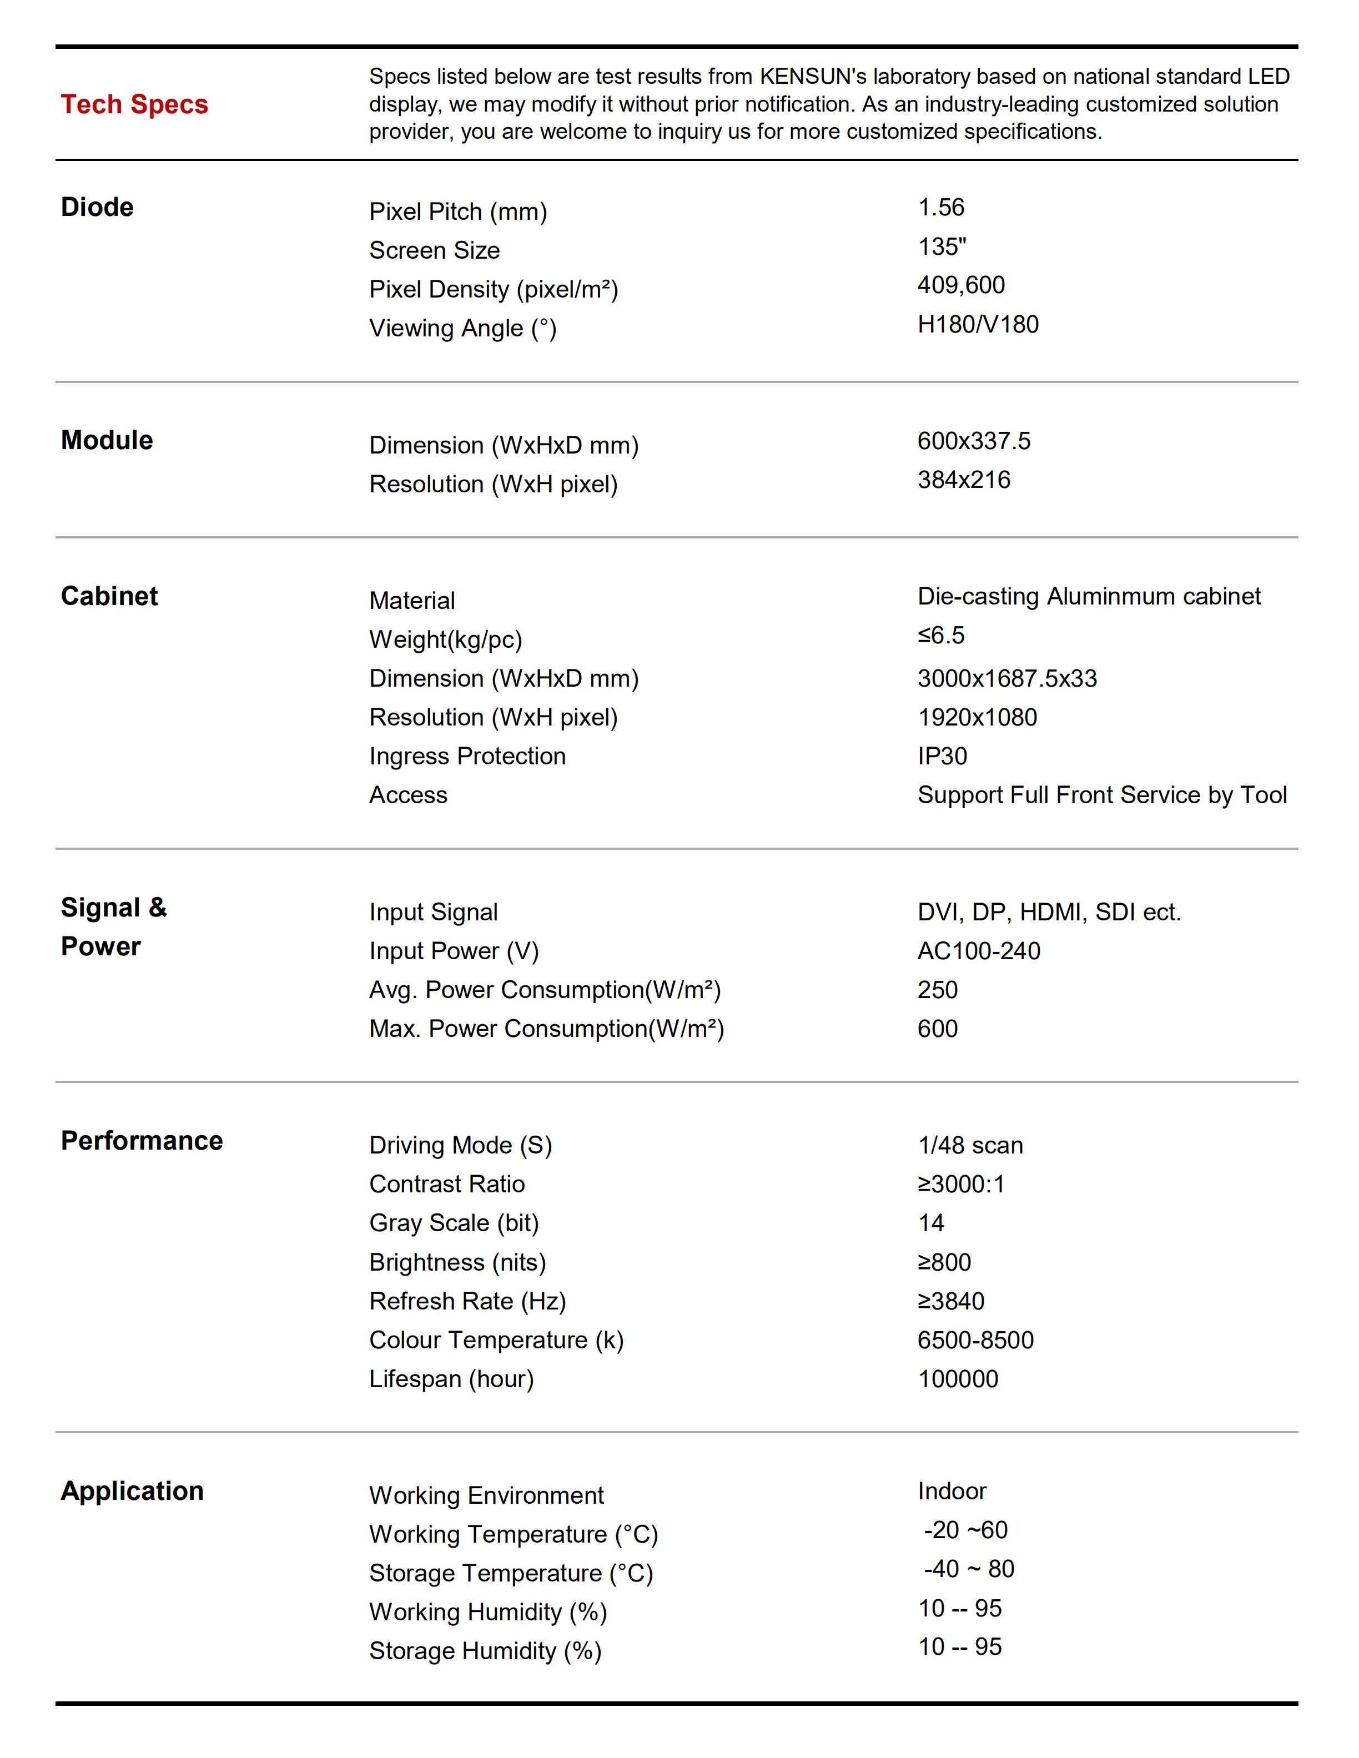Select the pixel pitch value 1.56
[x=940, y=208]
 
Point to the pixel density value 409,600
[x=960, y=285]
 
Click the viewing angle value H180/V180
[x=978, y=324]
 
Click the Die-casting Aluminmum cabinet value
[x=1089, y=597]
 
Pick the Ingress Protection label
[x=467, y=756]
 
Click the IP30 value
[x=942, y=756]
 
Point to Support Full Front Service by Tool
[x=1101, y=795]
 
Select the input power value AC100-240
[x=978, y=951]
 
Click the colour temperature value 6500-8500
[x=975, y=1340]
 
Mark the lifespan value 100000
[x=957, y=1379]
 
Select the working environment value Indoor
[x=951, y=1492]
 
